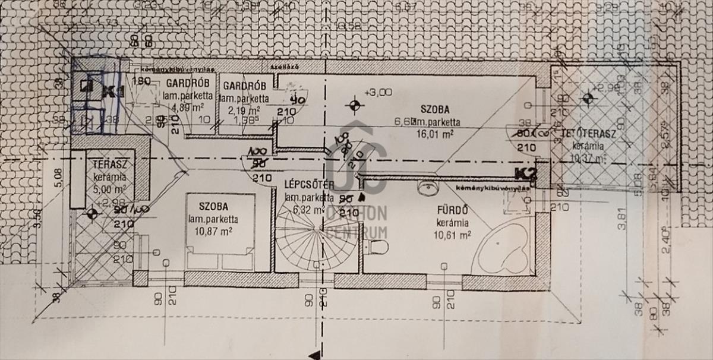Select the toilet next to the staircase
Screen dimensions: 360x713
pyautogui.click(x=378, y=247)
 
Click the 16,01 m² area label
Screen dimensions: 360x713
pyautogui.click(x=435, y=134)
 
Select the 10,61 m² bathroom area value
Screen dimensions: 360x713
pyautogui.click(x=452, y=234)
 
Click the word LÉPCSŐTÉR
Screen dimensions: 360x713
pyautogui.click(x=308, y=185)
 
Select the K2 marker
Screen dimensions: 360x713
pyautogui.click(x=526, y=174)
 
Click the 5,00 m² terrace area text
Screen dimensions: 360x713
pyautogui.click(x=112, y=189)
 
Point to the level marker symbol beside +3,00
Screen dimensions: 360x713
pyautogui.click(x=355, y=106)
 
